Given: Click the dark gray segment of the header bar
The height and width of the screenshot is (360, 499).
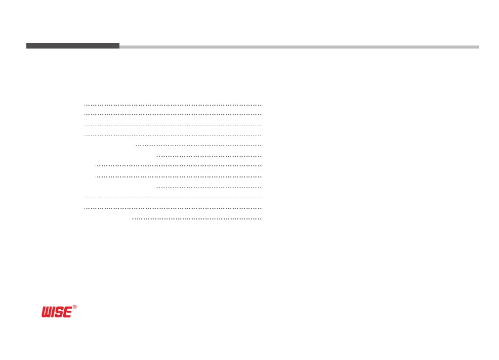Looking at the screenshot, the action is point(73,46).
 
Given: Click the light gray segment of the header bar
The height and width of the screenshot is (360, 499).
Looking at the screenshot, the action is point(299,47).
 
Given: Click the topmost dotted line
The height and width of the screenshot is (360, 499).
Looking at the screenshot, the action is point(173,105).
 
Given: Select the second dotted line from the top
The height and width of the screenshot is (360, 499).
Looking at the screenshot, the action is point(173,115).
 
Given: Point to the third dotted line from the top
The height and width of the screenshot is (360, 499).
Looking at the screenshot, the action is point(173,125).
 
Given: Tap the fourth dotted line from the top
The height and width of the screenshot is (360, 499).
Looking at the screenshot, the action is point(173,136).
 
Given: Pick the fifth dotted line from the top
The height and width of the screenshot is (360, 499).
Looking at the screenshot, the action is point(198,146).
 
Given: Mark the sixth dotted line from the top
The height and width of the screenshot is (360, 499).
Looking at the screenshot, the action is point(209,156).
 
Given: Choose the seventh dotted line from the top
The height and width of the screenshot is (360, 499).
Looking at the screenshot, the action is point(179,166).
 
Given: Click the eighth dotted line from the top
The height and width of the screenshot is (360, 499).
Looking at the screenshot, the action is point(179,177).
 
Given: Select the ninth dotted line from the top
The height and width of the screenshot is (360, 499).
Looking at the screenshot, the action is point(209,188).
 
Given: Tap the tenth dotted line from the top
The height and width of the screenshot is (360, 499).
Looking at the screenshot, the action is point(173,198).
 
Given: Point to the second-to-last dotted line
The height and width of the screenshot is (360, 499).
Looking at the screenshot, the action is point(173,208).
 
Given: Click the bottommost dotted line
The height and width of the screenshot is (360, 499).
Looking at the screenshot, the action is point(197,219).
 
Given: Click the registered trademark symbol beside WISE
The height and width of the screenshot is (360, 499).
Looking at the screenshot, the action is point(75,307).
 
